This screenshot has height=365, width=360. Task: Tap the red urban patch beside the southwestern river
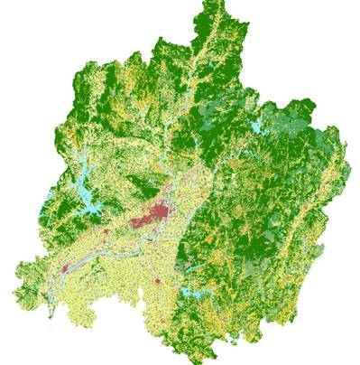(66, 268)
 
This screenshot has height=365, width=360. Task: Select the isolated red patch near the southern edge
(159, 284)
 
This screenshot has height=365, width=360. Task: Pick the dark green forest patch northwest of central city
(135, 186)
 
